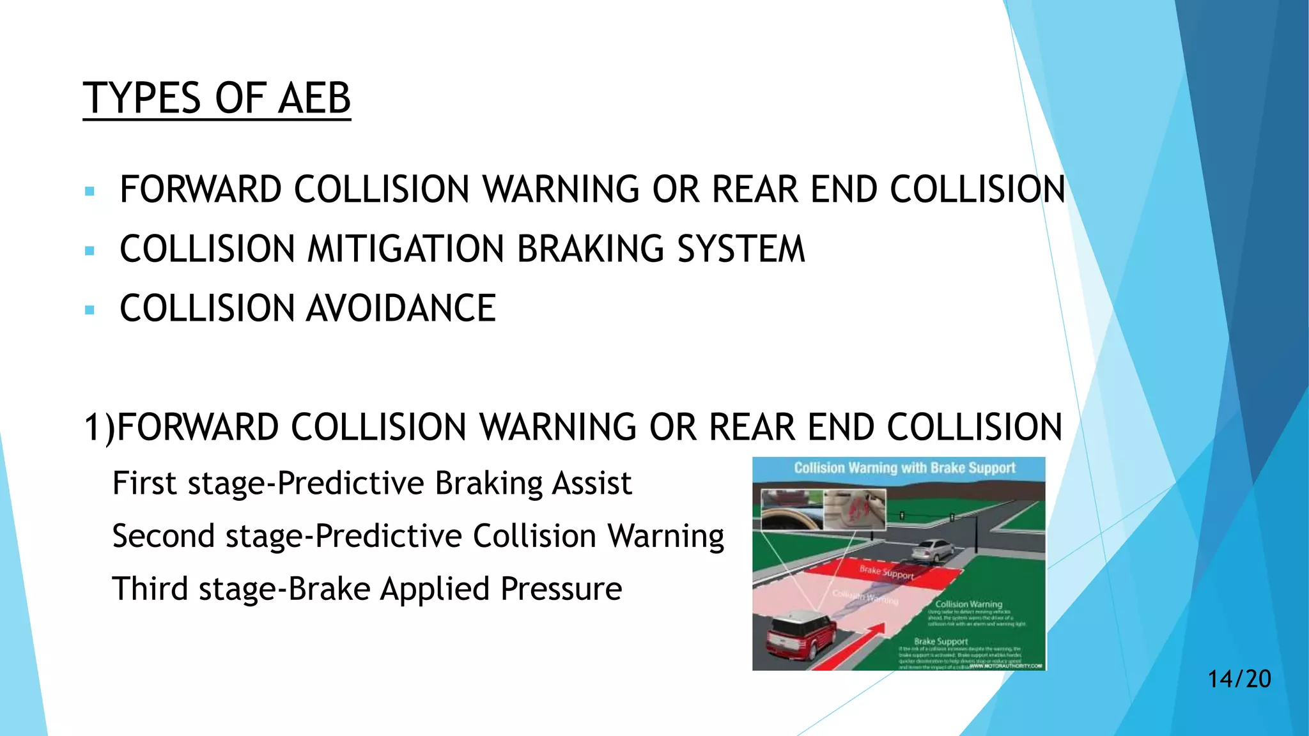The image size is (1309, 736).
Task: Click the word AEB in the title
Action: point(314,98)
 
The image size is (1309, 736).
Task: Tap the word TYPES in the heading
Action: point(141,98)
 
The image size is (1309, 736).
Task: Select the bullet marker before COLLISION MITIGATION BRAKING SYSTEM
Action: point(89,250)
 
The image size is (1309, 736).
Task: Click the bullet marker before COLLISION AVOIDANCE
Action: point(89,310)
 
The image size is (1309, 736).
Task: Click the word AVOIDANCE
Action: point(401,309)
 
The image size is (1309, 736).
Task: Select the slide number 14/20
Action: point(1239,678)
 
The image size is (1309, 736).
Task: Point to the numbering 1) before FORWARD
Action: point(100,427)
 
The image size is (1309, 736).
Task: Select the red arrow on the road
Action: point(851,645)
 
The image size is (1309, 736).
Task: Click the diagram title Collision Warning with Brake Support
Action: point(904,468)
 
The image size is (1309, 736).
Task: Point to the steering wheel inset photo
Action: point(791,510)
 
